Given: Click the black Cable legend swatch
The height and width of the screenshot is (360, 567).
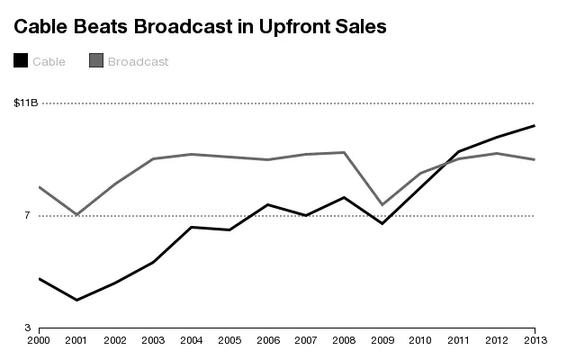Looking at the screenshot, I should [21, 61].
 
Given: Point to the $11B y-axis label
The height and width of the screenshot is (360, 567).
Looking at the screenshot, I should [26, 103].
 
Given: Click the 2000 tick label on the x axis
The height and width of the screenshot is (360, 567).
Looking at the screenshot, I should [39, 340].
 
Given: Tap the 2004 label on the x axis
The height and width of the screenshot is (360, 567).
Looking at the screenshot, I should [192, 340].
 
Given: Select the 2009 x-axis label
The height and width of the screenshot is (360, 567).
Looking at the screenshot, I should [382, 340].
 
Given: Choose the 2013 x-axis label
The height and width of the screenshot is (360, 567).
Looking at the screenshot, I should [535, 340].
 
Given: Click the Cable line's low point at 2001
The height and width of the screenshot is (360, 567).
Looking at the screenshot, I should [77, 300].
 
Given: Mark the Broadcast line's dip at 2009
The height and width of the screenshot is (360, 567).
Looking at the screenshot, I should [382, 205].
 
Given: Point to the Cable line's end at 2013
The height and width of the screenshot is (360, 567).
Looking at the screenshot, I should [535, 126].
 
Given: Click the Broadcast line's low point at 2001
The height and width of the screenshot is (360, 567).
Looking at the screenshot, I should [77, 215].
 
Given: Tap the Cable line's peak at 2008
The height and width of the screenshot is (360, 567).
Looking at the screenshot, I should [345, 197].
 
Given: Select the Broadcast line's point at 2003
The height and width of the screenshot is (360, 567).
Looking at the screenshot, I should [153, 159].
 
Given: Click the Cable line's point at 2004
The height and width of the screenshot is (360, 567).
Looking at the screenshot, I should [192, 227].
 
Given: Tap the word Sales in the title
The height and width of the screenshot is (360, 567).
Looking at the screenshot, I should [359, 27].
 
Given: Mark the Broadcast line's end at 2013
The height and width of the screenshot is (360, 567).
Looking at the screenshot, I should [535, 159].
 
